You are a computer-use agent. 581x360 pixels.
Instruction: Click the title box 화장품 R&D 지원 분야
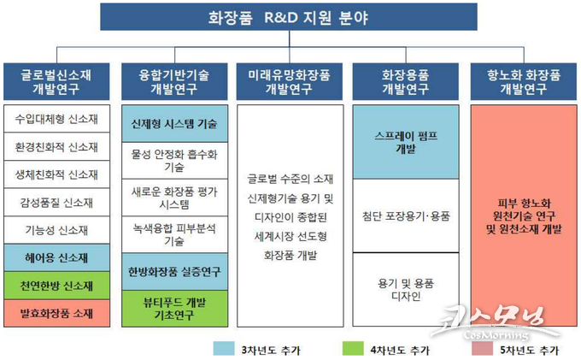tap(289, 17)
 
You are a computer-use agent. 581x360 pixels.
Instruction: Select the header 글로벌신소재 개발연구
tap(56, 81)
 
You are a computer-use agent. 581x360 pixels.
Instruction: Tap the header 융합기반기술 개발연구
tap(174, 81)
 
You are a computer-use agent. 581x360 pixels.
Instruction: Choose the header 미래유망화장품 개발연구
tap(290, 81)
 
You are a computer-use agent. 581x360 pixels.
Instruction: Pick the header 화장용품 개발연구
tap(405, 81)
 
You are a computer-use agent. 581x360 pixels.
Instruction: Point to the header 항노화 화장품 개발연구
tap(524, 81)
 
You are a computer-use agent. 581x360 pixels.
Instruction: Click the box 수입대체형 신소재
tap(56, 119)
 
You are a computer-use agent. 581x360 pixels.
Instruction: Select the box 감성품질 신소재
tap(56, 203)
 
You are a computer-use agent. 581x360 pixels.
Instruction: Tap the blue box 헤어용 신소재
tap(56, 257)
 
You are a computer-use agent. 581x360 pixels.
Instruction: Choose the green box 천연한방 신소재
tap(56, 286)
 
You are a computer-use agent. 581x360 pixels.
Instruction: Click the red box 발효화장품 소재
tap(56, 313)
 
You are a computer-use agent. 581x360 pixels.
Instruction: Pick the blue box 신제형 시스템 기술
tap(174, 123)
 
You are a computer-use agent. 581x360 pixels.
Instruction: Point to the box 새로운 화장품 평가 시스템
tap(174, 198)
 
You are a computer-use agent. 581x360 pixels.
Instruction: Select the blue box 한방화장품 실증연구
tap(174, 272)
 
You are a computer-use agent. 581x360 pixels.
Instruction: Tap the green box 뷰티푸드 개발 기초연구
tap(174, 309)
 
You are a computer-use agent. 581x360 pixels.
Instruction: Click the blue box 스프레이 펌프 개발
tap(406, 142)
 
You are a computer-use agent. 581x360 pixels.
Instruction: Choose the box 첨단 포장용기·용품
tap(406, 215)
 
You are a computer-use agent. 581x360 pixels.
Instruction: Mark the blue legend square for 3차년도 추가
tap(224, 349)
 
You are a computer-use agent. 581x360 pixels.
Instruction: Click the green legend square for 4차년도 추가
tap(353, 349)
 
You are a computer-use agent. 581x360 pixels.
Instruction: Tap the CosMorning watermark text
tap(496, 335)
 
